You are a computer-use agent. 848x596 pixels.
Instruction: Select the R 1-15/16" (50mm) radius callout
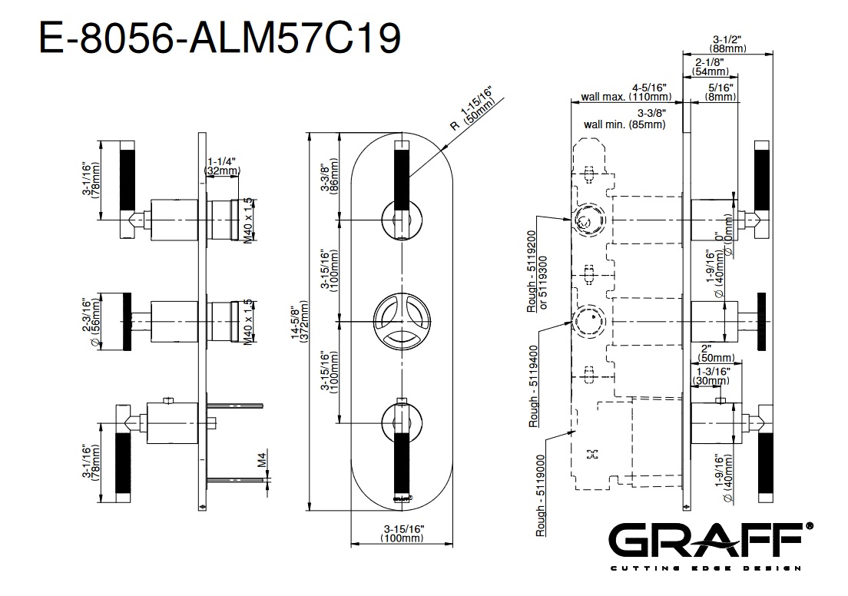point(473,111)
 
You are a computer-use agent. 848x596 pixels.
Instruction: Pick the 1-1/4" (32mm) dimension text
point(223,166)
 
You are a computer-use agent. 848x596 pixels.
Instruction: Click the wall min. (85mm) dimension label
point(624,123)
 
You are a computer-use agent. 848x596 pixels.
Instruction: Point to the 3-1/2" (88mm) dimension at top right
point(725,43)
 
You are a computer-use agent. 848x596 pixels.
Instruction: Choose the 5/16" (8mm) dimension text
point(720,92)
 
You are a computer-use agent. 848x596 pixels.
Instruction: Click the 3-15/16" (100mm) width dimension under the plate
point(402,534)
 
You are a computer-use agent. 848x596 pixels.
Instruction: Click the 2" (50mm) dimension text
point(716,353)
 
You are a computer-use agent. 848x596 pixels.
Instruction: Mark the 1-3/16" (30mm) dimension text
point(710,376)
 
